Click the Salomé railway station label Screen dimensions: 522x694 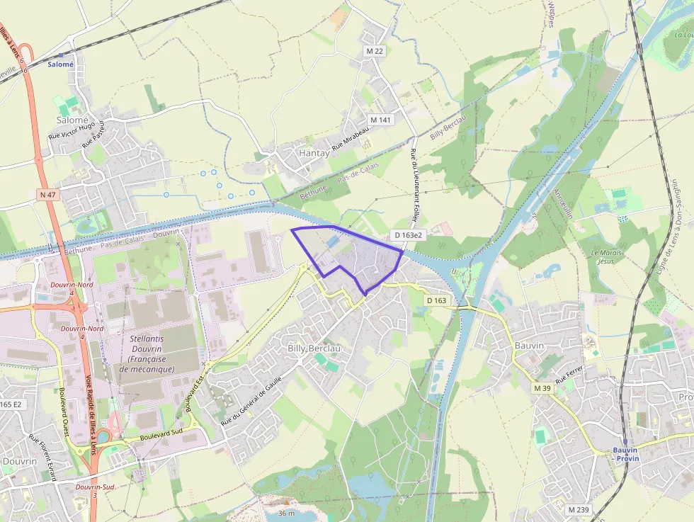(61, 64)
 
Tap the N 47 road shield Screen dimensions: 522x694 (47, 193)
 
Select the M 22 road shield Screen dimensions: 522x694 (375, 51)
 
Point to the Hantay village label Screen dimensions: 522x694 (314, 153)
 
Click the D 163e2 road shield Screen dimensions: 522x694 (409, 234)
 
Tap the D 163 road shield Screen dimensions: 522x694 (438, 300)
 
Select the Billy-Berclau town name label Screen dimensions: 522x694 (314, 348)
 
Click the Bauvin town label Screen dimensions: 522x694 (530, 344)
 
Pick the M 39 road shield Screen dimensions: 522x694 (542, 388)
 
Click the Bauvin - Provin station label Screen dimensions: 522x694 (625, 453)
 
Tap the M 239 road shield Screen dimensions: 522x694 (579, 509)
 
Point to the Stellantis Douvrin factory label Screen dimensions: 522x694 (147, 354)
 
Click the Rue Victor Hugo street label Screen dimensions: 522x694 (72, 130)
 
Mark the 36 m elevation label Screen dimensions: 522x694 (286, 513)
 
